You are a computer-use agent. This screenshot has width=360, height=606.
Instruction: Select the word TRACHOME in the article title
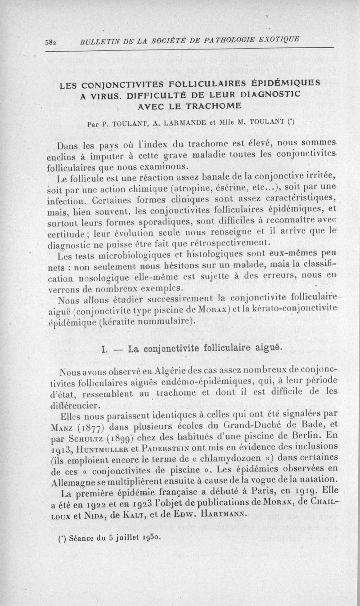[x=208, y=106]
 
